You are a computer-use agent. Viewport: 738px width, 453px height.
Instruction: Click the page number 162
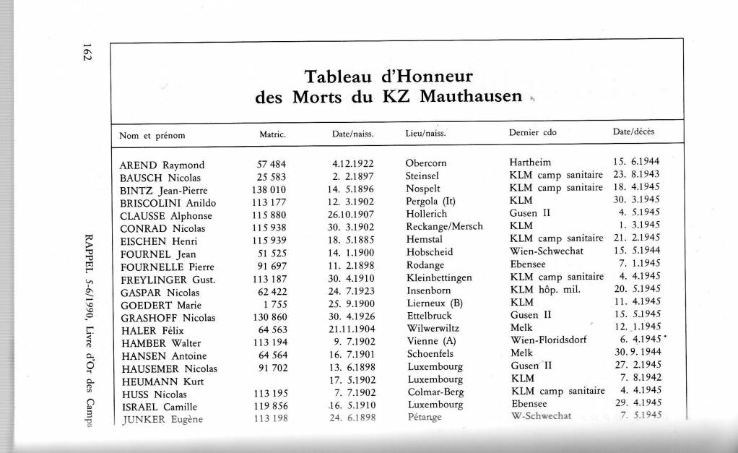(86, 53)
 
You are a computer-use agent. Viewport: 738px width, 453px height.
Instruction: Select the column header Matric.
(273, 134)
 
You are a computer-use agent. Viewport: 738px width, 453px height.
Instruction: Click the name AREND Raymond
(162, 165)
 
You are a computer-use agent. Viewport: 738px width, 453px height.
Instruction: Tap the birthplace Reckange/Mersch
(444, 228)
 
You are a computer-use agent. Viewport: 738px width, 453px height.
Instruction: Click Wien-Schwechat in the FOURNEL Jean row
(547, 252)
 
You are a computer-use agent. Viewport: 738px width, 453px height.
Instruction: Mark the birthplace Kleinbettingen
(439, 277)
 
